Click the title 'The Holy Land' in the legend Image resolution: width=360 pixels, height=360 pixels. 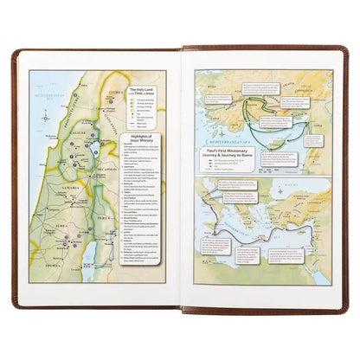pyautogui.click(x=142, y=89)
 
